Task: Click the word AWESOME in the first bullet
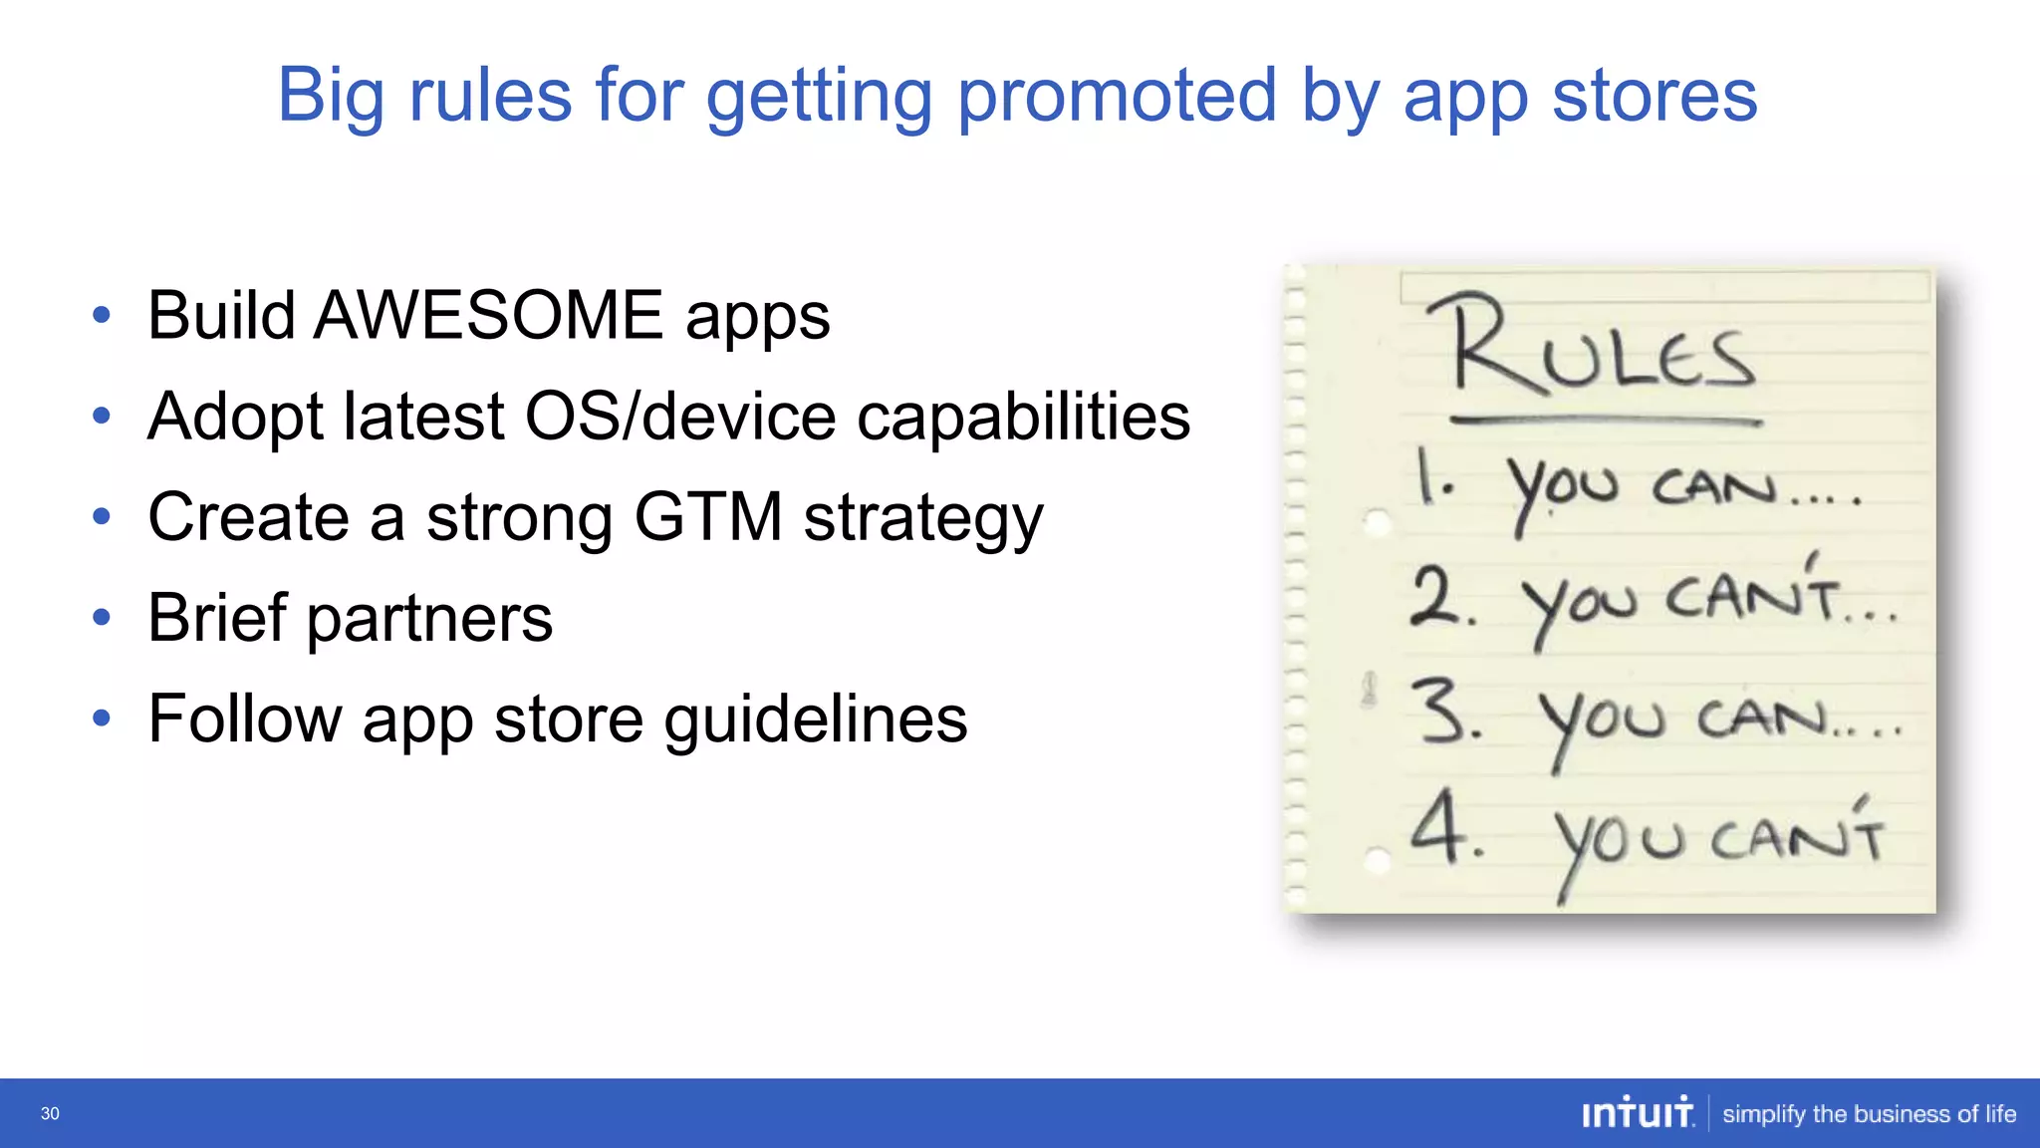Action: click(488, 316)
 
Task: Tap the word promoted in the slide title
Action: click(1117, 96)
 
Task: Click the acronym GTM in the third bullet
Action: click(707, 517)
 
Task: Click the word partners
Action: click(429, 619)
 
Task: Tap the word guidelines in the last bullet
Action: click(815, 719)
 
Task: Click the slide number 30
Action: click(50, 1114)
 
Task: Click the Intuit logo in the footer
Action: click(1638, 1113)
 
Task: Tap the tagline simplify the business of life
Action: click(1869, 1114)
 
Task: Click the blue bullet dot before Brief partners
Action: click(102, 618)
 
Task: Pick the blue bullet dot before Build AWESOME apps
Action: click(102, 316)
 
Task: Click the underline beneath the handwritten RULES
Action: click(1606, 422)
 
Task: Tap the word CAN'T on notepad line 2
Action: click(1752, 598)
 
